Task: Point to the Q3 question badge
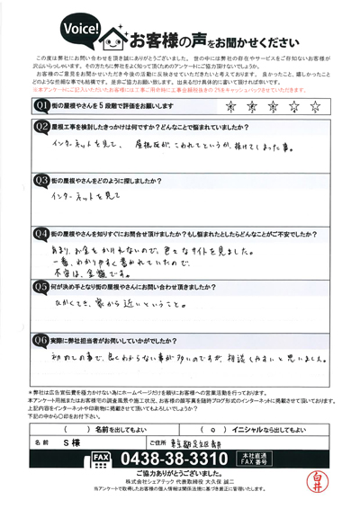pyautogui.click(x=41, y=179)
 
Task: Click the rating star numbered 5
pyautogui.click(x=315, y=106)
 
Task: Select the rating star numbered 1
pyautogui.click(x=233, y=106)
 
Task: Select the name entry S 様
pyautogui.click(x=85, y=443)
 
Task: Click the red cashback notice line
pyautogui.click(x=180, y=90)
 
